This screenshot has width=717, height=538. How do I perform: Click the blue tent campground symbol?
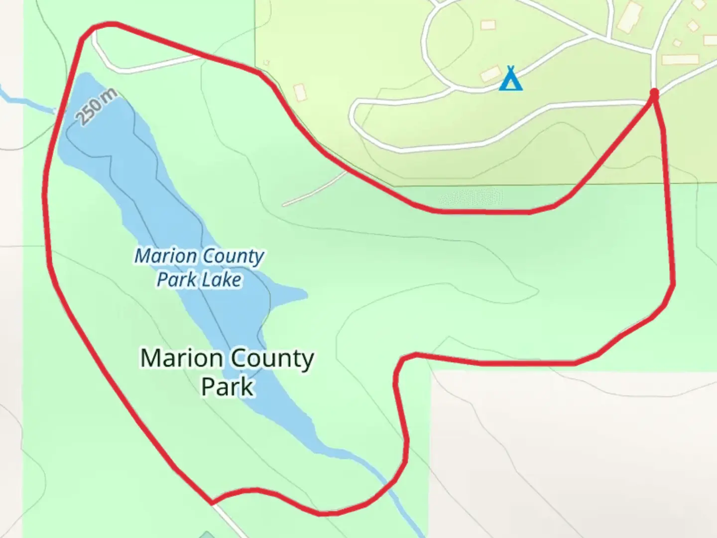(511, 79)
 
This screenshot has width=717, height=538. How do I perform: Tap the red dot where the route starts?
(654, 93)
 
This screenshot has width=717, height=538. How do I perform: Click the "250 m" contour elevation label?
(97, 107)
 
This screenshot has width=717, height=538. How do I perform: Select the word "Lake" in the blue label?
(222, 279)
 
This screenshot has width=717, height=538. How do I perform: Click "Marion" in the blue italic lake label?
(166, 256)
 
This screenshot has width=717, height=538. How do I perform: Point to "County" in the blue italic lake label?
(233, 257)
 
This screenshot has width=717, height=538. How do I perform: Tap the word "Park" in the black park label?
(227, 387)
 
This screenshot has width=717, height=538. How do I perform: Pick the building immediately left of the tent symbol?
(490, 74)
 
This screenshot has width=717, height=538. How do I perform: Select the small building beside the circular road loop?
(488, 24)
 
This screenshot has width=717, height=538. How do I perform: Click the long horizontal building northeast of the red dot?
(680, 60)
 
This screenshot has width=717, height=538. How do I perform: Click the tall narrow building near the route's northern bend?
(300, 93)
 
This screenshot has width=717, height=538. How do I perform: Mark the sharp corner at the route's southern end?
(212, 502)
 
